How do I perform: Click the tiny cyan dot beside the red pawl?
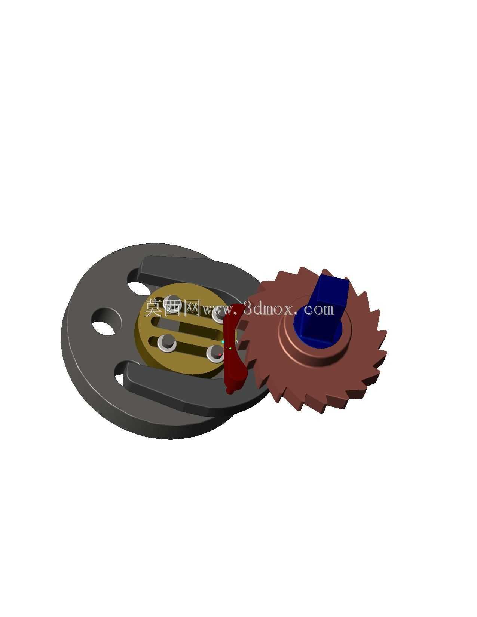tap(223, 342)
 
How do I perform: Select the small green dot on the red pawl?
tap(230, 348)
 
